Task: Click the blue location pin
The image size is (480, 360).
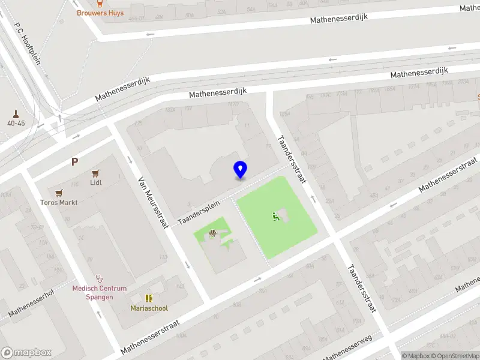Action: click(x=241, y=170)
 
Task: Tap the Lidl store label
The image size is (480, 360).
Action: click(x=96, y=183)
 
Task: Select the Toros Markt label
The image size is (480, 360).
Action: click(x=59, y=203)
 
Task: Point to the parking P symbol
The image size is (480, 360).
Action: click(x=75, y=161)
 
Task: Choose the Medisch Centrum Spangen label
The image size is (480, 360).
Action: click(x=100, y=293)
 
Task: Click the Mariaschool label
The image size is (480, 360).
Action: click(x=149, y=308)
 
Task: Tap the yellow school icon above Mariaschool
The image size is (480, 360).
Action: click(x=149, y=298)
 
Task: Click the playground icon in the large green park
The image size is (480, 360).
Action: click(x=276, y=217)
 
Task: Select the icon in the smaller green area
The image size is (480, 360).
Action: click(x=212, y=233)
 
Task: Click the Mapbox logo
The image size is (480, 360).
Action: click(x=26, y=353)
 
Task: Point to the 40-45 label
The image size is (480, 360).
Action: click(x=16, y=123)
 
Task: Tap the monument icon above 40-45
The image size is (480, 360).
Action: click(x=16, y=113)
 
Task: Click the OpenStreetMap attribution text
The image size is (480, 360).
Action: click(x=454, y=356)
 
